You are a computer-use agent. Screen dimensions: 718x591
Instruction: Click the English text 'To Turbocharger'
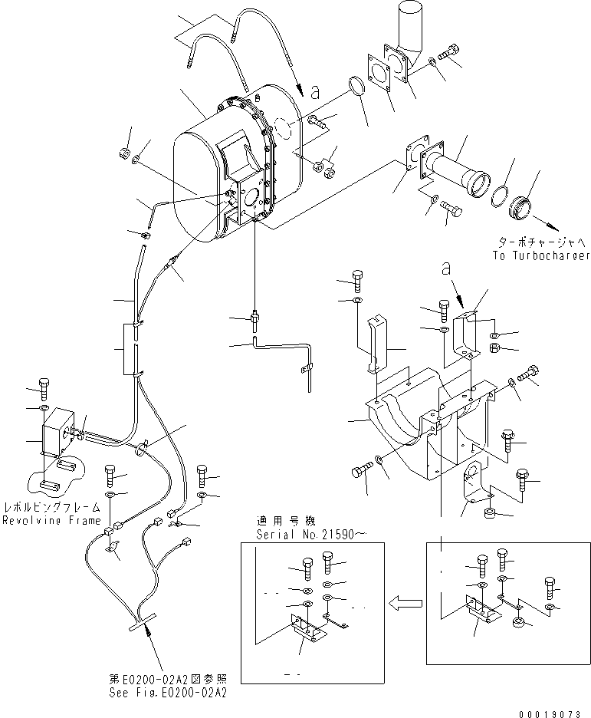[542, 255]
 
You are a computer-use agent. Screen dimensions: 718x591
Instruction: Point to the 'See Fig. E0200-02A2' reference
[171, 691]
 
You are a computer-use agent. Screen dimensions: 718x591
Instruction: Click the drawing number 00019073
[556, 710]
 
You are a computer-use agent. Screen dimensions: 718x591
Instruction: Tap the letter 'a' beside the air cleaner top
[314, 90]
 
